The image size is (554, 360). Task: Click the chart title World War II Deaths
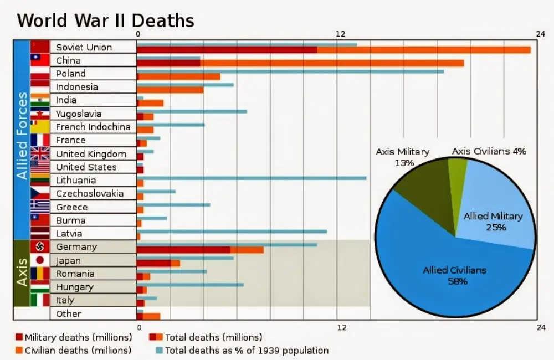click(x=105, y=20)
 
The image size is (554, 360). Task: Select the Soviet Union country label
click(x=84, y=47)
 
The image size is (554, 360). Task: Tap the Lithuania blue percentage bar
click(x=252, y=178)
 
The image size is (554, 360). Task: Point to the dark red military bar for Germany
click(x=183, y=250)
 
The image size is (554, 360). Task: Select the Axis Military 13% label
click(x=402, y=157)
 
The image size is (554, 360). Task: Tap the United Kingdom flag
click(x=40, y=153)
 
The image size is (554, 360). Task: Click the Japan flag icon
click(x=40, y=260)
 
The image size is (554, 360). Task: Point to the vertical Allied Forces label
click(x=22, y=136)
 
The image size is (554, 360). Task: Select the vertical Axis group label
click(x=22, y=272)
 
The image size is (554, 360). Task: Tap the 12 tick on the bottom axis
click(x=342, y=327)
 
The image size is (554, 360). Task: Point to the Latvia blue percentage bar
click(x=232, y=231)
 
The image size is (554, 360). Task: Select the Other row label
click(x=69, y=313)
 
